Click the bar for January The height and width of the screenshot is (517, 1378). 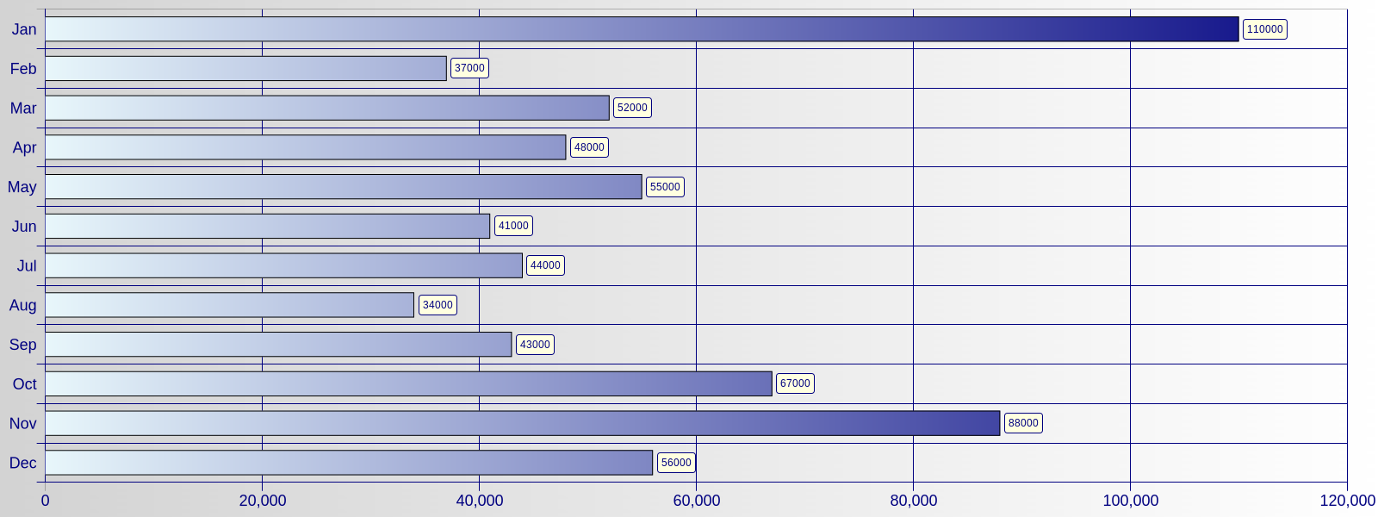click(x=642, y=29)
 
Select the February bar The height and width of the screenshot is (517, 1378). click(x=245, y=68)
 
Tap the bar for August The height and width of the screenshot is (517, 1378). click(x=229, y=305)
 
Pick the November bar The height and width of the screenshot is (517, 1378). click(x=522, y=423)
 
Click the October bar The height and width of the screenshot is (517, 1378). click(x=408, y=383)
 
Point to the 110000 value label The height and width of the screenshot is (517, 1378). click(x=1264, y=29)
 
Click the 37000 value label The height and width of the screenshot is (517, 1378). click(x=469, y=68)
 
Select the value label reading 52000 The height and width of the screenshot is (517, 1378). click(x=632, y=108)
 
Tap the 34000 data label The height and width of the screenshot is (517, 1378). click(x=438, y=305)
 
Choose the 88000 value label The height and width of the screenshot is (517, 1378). click(x=1023, y=423)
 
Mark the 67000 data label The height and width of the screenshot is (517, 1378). click(x=795, y=383)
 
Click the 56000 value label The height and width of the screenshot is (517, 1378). click(x=676, y=463)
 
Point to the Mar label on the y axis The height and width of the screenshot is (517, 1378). click(x=23, y=108)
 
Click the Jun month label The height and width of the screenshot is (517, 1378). click(x=24, y=227)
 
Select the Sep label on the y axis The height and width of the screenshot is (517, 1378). click(x=23, y=345)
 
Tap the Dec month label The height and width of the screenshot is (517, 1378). click(x=23, y=463)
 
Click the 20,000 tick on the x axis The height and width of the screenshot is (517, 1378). click(x=263, y=501)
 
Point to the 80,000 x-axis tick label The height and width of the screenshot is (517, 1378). click(x=913, y=501)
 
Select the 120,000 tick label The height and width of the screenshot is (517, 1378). click(x=1347, y=501)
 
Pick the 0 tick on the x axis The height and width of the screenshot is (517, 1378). click(x=46, y=501)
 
